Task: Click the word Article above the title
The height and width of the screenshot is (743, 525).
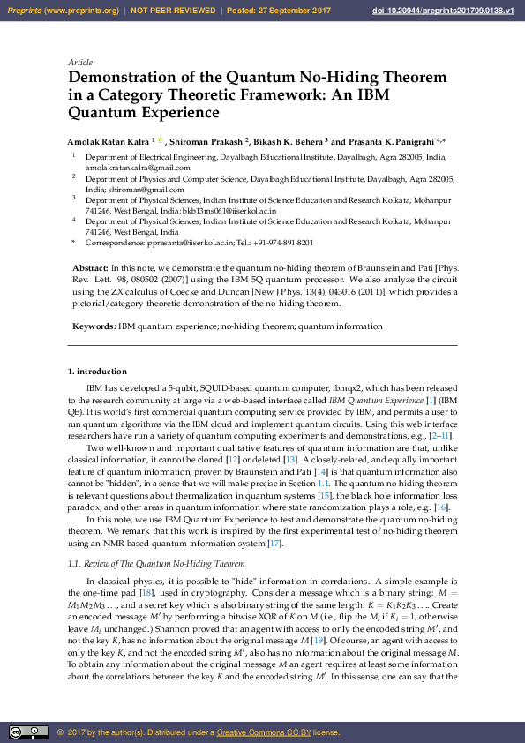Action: pos(79,63)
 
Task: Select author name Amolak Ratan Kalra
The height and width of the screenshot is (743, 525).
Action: pos(107,140)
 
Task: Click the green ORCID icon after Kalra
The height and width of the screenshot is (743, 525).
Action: pos(160,139)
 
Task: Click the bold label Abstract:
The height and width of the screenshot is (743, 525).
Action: pos(90,266)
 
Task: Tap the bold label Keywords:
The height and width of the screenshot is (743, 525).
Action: pos(94,326)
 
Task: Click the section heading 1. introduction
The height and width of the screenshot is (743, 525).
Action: pos(97,371)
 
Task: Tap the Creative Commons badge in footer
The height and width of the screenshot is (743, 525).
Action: pos(28,732)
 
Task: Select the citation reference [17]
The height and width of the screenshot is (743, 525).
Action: pos(274,544)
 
